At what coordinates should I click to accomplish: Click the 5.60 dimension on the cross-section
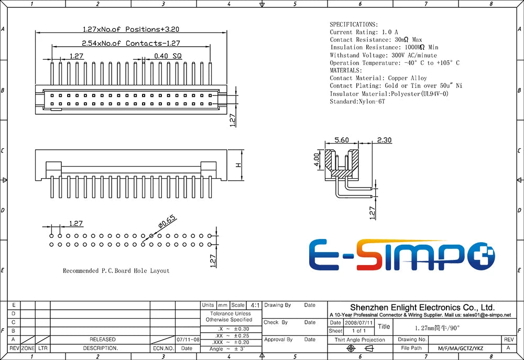pyautogui.click(x=342, y=140)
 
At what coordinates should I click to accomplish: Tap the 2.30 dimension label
pyautogui.click(x=384, y=140)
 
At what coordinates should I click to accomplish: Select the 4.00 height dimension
pyautogui.click(x=316, y=161)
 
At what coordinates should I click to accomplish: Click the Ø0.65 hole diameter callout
pyautogui.click(x=167, y=222)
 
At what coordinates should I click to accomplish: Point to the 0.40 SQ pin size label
pyautogui.click(x=168, y=56)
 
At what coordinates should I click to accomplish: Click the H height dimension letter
pyautogui.click(x=238, y=165)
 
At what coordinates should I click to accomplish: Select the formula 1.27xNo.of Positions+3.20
pyautogui.click(x=131, y=29)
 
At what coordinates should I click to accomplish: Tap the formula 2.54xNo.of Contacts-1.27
pyautogui.click(x=131, y=43)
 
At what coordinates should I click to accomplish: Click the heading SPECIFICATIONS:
pyautogui.click(x=354, y=25)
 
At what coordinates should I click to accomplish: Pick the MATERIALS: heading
pyautogui.click(x=346, y=70)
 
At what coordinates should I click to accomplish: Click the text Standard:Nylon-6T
pyautogui.click(x=357, y=101)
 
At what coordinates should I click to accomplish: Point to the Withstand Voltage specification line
pyautogui.click(x=384, y=55)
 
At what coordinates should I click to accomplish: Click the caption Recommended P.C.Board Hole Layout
pyautogui.click(x=116, y=271)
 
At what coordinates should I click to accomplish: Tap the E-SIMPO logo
pyautogui.click(x=402, y=255)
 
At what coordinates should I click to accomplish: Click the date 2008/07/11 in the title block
pyautogui.click(x=358, y=323)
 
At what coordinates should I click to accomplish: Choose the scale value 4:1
pyautogui.click(x=255, y=305)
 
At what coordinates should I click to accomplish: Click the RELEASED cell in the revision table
pyautogui.click(x=103, y=339)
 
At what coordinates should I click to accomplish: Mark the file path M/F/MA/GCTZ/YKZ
pyautogui.click(x=461, y=348)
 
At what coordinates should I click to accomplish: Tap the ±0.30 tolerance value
pyautogui.click(x=242, y=329)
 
